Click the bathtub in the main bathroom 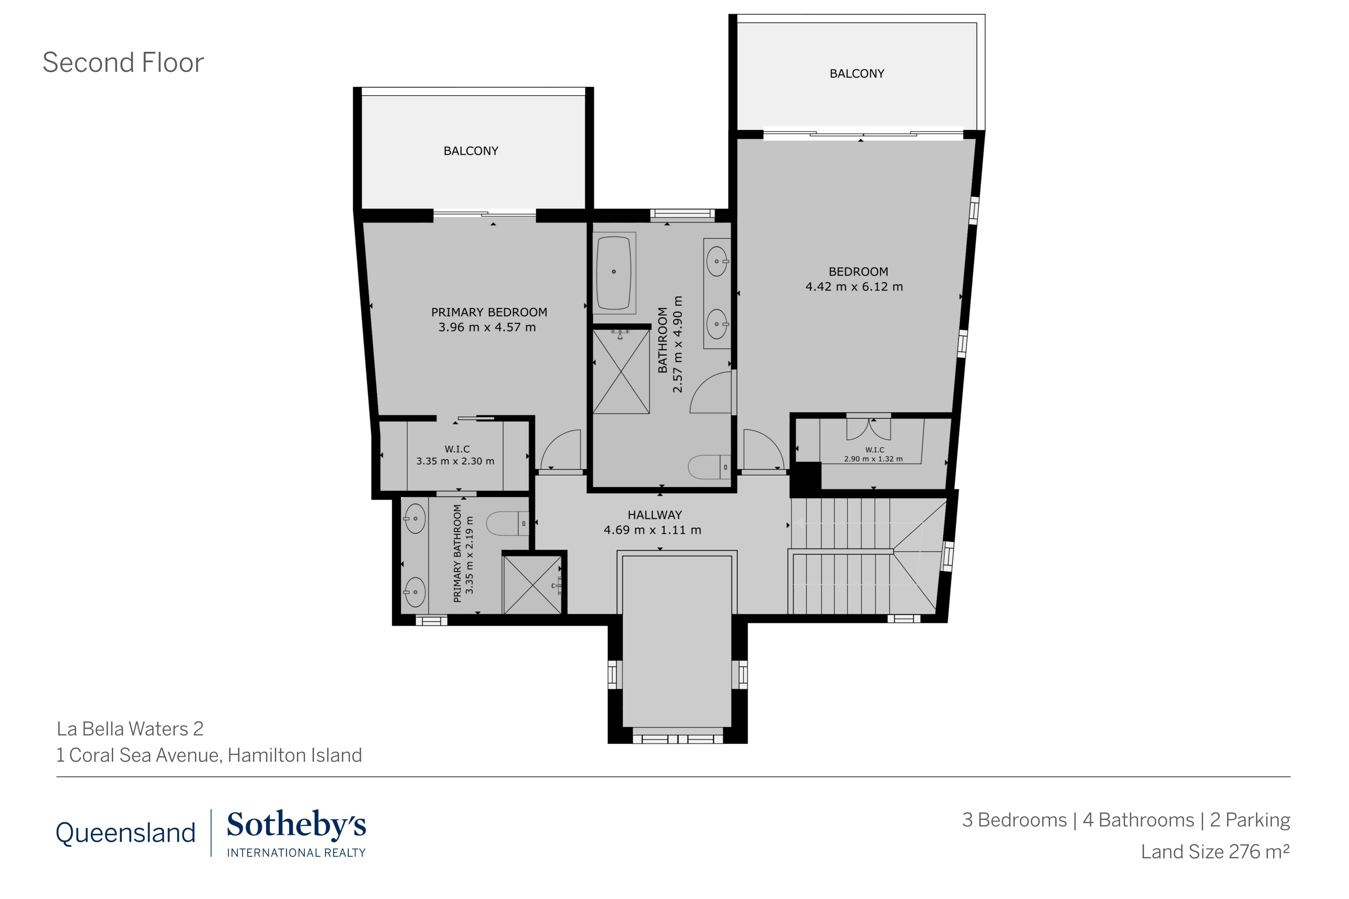(614, 272)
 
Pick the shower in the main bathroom (620, 371)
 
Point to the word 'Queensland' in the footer (126, 833)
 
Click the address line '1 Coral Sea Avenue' (209, 755)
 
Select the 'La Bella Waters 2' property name (130, 729)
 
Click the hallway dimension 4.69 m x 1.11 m (652, 530)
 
